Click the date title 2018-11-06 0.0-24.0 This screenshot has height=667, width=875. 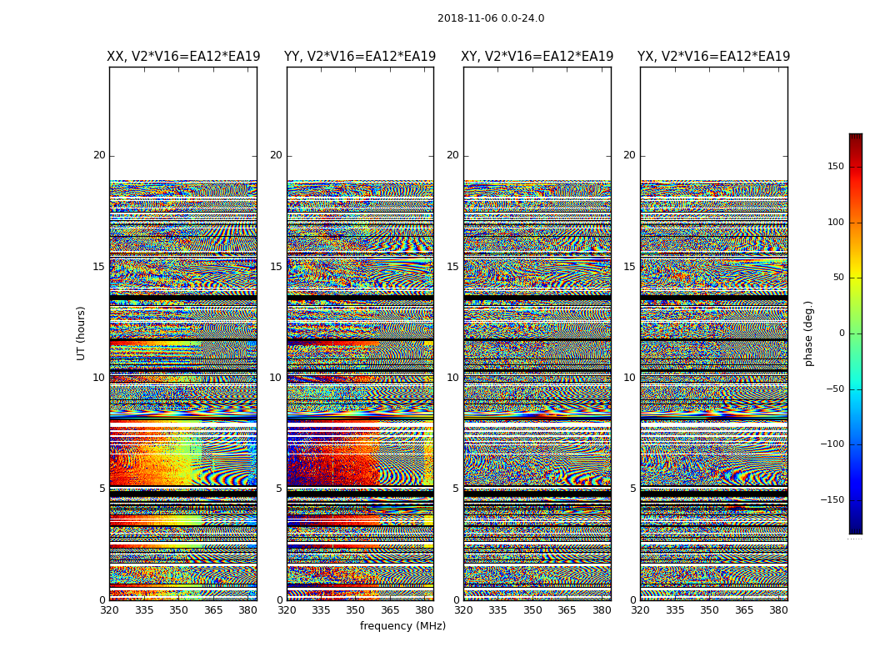491,18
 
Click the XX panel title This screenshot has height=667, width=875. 183,57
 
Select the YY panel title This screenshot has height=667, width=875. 360,57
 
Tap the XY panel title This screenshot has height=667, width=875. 537,57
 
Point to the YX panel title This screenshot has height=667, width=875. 714,57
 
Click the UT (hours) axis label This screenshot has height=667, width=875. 81,333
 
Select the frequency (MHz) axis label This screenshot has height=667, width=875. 402,626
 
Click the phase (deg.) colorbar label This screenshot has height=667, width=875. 808,333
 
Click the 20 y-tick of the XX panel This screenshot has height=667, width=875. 99,155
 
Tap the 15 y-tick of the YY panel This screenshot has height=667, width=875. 276,267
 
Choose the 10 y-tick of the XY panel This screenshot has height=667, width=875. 452,378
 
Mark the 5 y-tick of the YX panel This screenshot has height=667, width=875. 632,489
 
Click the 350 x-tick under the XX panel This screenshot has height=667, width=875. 179,609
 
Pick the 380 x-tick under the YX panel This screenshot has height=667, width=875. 778,609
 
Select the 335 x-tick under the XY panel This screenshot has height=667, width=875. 498,609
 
